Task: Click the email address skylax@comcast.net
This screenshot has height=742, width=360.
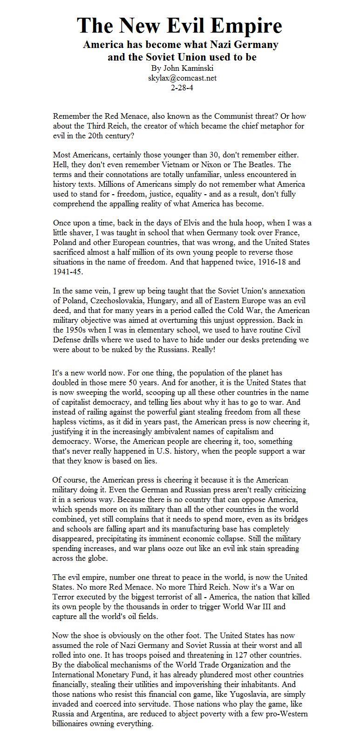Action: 182,78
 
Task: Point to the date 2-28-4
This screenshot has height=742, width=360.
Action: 182,87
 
